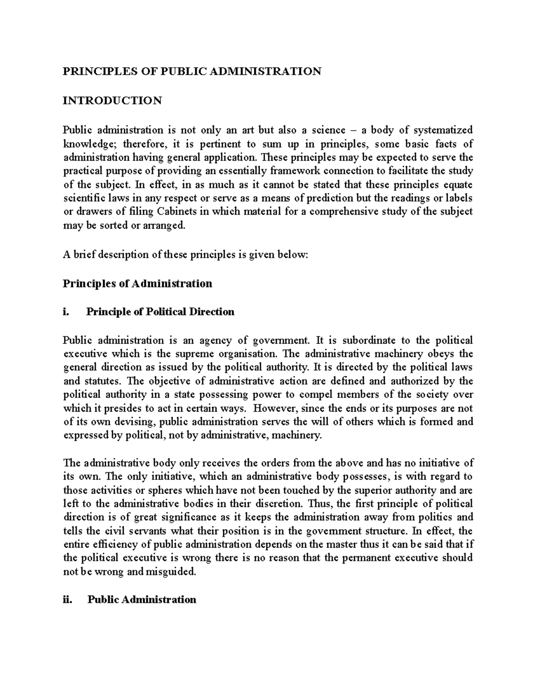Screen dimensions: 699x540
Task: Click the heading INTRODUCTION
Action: [x=112, y=100]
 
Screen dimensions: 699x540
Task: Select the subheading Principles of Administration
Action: [x=137, y=284]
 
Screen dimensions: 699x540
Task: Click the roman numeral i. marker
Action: [x=67, y=312]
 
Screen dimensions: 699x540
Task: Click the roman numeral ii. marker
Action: [x=68, y=600]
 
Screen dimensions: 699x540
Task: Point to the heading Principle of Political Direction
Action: [x=160, y=312]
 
